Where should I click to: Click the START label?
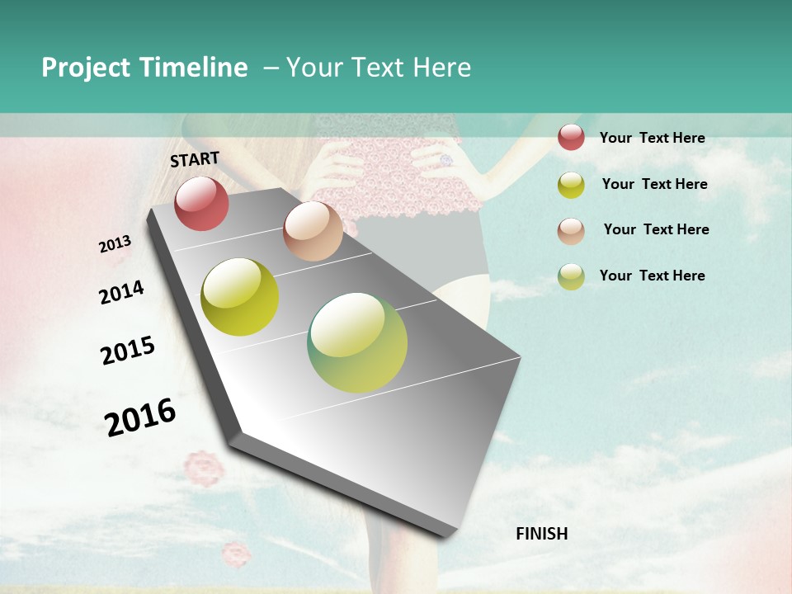tap(195, 158)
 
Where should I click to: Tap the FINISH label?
tap(541, 534)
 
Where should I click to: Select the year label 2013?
tap(115, 244)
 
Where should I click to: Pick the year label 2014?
tap(121, 293)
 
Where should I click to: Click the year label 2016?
tap(140, 417)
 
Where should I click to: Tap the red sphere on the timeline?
tap(201, 203)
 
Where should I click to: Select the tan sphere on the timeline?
tap(313, 231)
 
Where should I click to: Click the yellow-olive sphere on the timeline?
tap(240, 297)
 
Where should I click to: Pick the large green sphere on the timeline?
tap(357, 342)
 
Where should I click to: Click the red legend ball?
tap(571, 137)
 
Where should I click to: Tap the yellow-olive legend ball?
tap(571, 184)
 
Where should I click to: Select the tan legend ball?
tap(571, 230)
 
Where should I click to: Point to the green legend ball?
tap(571, 276)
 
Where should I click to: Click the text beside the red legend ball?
tap(652, 138)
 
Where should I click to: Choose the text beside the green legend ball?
tap(652, 276)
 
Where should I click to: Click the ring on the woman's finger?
tap(446, 159)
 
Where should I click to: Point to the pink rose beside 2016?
tap(203, 469)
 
